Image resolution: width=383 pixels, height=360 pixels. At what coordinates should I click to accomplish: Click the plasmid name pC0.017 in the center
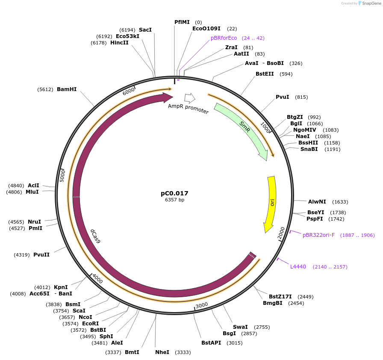174,193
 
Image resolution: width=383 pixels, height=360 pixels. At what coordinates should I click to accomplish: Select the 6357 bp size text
174,200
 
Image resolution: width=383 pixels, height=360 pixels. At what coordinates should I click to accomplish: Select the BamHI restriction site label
67,89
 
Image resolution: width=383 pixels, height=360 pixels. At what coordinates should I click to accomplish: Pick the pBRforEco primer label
224,38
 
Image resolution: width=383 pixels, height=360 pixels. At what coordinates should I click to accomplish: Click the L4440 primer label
298,267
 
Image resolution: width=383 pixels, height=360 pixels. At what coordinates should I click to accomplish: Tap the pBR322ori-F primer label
318,235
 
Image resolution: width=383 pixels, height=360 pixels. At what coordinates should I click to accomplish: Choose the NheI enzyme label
162,352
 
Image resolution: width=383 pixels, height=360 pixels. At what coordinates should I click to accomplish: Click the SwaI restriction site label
240,327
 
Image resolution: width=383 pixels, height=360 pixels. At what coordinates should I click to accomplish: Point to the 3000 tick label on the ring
201,305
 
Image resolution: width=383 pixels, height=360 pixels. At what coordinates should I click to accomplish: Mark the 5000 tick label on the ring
62,175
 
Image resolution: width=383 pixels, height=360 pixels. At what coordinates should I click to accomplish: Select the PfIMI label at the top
182,22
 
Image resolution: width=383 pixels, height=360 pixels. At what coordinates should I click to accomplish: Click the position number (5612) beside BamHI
45,89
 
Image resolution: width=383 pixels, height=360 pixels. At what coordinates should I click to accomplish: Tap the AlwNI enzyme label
317,201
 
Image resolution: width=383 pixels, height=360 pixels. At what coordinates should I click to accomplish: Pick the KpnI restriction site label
61,287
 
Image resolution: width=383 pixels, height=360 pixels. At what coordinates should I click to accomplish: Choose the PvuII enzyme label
41,255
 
